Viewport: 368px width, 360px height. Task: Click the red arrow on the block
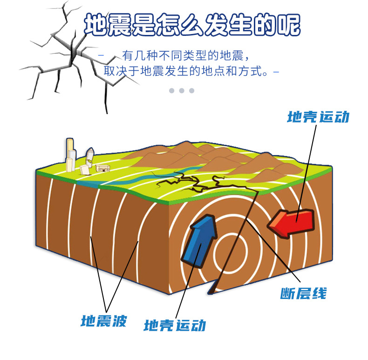pos(290,223)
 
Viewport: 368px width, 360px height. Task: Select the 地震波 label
pos(103,321)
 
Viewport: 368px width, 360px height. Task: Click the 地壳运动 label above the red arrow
pos(318,117)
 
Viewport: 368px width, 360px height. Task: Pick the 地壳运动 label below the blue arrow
pos(175,325)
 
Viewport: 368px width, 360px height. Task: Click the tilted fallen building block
pos(85,170)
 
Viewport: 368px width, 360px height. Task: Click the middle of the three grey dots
pos(181,90)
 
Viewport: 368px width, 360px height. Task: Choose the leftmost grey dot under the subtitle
pos(171,90)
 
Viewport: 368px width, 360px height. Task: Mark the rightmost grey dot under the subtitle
pos(191,90)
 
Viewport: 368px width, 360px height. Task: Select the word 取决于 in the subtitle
pos(122,73)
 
